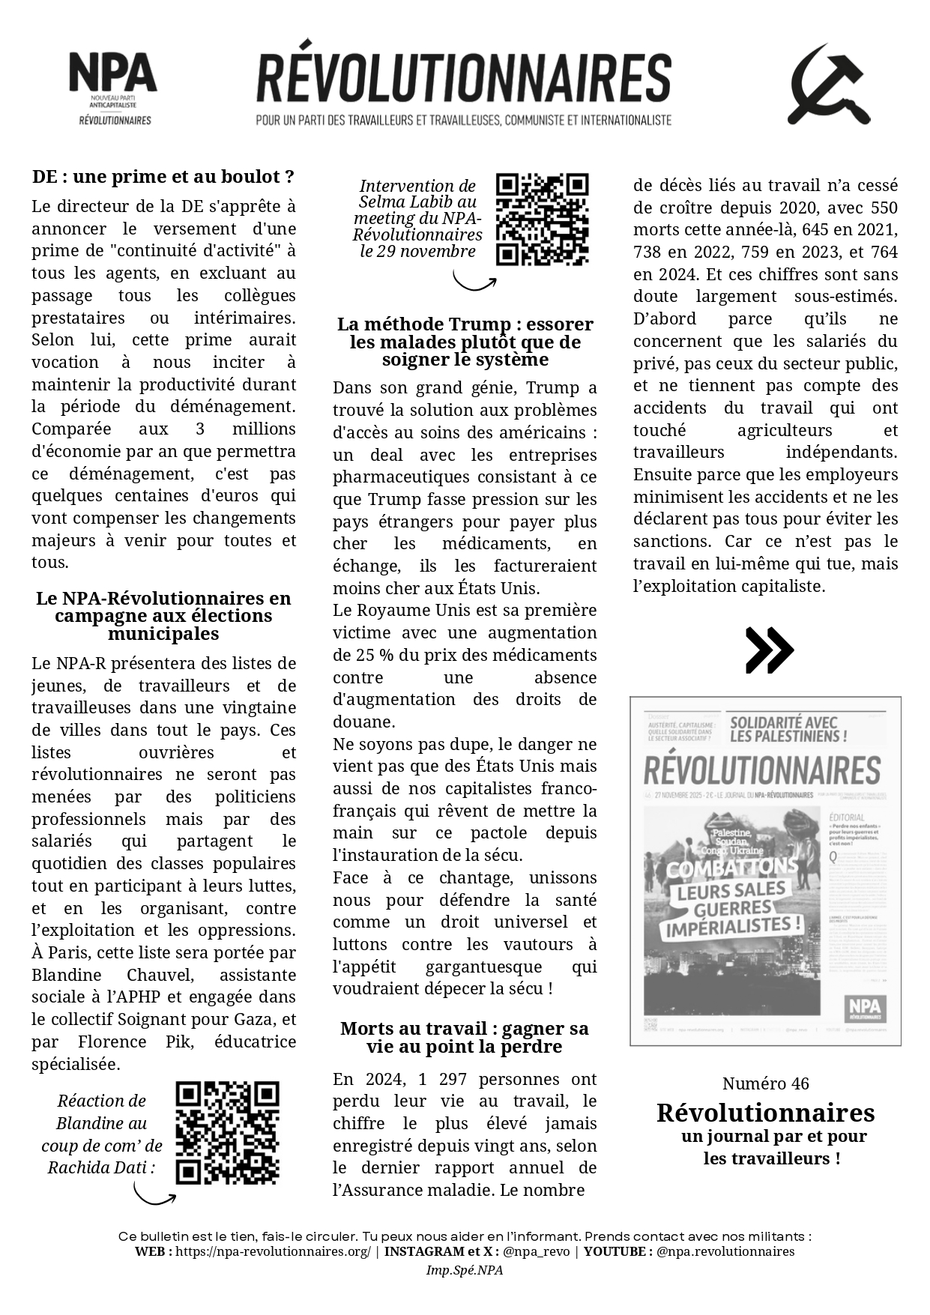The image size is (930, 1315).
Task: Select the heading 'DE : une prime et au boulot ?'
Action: point(163,177)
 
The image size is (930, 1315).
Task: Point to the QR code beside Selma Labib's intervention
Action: point(542,220)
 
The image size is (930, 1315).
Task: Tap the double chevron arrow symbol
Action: point(769,650)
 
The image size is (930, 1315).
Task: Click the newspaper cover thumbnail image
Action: point(765,871)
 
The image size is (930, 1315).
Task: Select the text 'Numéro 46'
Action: point(765,1083)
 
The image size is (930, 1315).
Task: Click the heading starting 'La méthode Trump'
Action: point(465,342)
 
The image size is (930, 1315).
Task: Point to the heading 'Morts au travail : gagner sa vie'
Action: point(465,1037)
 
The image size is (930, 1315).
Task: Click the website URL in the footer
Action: point(273,1251)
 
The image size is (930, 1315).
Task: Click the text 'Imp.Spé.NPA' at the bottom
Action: point(465,1270)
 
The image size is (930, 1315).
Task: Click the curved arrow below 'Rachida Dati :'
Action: point(154,1194)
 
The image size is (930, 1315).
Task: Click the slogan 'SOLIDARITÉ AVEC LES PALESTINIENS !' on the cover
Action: point(788,729)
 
